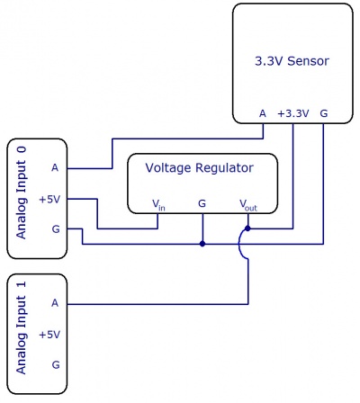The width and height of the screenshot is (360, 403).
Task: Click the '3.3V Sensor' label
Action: (292, 61)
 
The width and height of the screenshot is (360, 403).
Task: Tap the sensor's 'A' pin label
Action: (262, 113)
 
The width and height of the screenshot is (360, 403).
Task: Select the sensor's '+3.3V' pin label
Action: (292, 113)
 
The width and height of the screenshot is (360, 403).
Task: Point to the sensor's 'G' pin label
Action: (323, 113)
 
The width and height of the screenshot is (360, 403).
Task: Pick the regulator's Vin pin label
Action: (158, 205)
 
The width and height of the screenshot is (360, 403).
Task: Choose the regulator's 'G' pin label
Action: (202, 204)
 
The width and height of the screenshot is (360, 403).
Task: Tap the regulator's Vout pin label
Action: (247, 205)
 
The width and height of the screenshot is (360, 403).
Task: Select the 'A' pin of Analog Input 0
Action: (55, 167)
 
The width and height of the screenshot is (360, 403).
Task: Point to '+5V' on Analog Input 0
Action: (50, 198)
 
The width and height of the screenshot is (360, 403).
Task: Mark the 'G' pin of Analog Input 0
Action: (55, 228)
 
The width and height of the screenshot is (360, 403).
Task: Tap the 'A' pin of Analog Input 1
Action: (55, 303)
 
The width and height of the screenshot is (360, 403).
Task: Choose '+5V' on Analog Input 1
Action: (50, 334)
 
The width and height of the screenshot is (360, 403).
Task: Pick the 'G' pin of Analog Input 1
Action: (55, 364)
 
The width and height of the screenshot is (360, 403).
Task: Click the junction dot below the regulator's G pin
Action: (202, 243)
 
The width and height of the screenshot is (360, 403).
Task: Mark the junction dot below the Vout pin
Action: (247, 228)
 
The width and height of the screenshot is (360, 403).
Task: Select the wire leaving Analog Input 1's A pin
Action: (153, 303)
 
